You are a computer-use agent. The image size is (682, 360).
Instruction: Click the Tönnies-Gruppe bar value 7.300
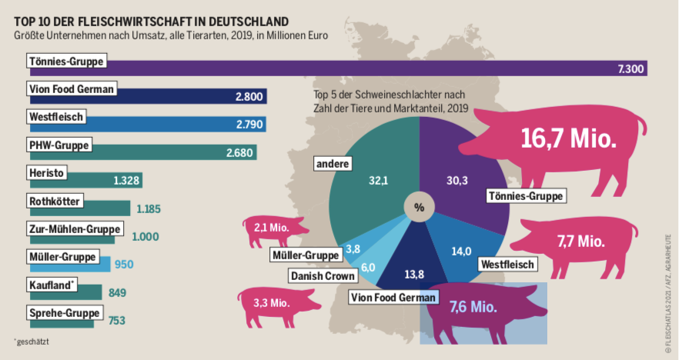631,69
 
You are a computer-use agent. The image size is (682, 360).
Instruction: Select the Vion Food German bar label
71,88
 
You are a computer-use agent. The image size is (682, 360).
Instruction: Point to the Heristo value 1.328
126,180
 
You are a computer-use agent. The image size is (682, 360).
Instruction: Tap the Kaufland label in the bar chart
52,285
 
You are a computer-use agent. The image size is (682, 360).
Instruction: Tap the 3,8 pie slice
353,248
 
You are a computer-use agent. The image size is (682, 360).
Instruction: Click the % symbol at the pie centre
420,208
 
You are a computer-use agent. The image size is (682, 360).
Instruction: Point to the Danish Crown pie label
323,275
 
